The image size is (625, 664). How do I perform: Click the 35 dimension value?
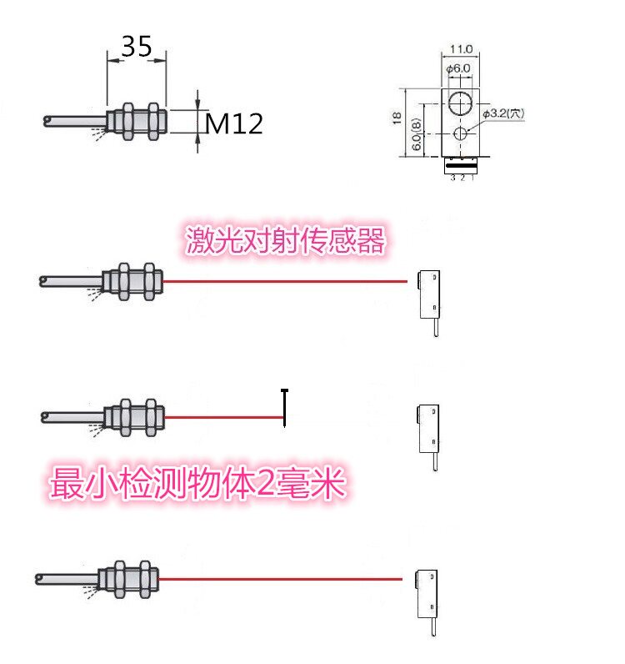click(137, 46)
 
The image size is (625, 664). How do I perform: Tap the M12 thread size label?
click(234, 124)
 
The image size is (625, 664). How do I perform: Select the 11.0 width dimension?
click(461, 49)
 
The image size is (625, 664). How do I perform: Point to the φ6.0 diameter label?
click(459, 68)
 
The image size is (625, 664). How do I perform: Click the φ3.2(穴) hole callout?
click(502, 114)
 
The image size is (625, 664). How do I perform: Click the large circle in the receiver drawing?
click(459, 103)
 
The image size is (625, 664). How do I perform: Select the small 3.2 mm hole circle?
click(459, 134)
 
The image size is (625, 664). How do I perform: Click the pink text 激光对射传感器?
click(285, 242)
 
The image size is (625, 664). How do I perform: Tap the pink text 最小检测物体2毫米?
click(198, 483)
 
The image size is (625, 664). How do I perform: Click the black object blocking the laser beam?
click(285, 407)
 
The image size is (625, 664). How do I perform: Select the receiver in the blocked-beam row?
click(428, 426)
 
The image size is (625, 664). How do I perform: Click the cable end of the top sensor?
click(48, 123)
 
